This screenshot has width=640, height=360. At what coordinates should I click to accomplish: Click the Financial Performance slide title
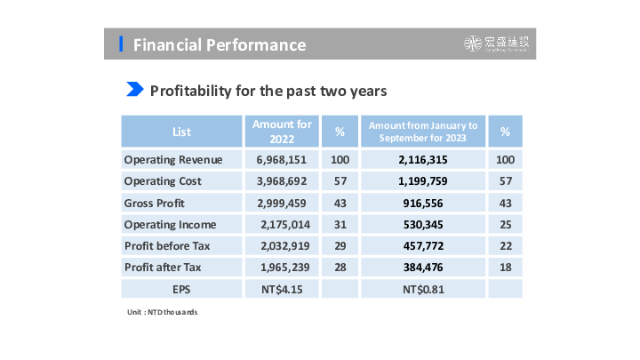point(219,44)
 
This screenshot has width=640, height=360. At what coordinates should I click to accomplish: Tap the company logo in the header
point(500,44)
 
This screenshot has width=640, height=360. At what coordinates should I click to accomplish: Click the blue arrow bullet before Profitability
point(135,90)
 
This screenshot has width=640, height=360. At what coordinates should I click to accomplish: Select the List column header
point(181,132)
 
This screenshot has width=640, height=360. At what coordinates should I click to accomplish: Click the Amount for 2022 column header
point(282,132)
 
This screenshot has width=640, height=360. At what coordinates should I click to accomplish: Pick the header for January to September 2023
point(422,132)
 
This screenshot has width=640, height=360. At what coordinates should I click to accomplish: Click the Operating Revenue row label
point(172,160)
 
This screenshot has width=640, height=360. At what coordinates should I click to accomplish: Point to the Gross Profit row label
point(155,203)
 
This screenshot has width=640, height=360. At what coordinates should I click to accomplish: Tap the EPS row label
point(181,288)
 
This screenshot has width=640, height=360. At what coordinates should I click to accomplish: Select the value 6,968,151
point(281,160)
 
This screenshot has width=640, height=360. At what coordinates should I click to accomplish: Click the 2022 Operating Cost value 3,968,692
point(281,181)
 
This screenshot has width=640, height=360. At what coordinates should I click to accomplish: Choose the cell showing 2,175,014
point(283,224)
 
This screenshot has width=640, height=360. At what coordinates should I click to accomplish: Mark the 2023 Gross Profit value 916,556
point(423,203)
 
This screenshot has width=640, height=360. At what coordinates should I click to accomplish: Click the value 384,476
point(423,267)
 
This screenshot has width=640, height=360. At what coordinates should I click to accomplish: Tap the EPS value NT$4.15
point(282,288)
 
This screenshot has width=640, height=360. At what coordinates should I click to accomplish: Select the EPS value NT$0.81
point(423,288)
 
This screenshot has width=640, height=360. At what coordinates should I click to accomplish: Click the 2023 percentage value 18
point(505,267)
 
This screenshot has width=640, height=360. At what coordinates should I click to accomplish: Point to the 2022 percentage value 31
point(340,224)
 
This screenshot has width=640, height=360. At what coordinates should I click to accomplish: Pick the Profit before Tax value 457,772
point(423,245)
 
